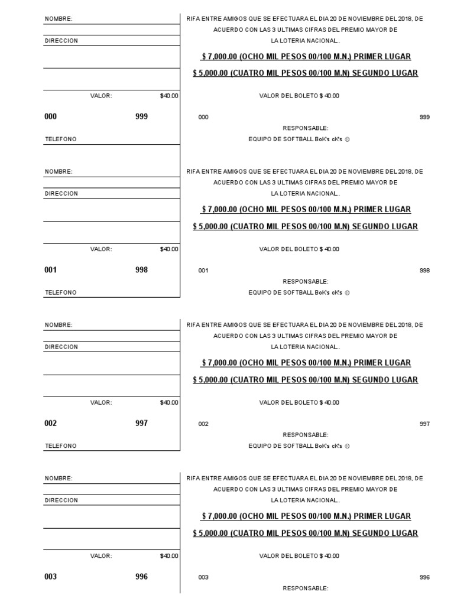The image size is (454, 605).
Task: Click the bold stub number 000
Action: (50, 117)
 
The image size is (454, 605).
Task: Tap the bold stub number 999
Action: (141, 117)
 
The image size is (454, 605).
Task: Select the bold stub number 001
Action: (50, 270)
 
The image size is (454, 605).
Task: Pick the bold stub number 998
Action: (141, 270)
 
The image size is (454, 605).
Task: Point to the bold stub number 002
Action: (50, 424)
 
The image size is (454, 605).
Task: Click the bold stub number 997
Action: (141, 424)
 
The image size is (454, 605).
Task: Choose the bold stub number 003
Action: (50, 577)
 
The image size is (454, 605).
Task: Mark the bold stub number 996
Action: (141, 577)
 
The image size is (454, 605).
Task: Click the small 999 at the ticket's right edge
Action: (424, 118)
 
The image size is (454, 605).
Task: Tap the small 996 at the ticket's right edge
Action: (424, 578)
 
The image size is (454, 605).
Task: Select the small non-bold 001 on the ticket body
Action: (203, 271)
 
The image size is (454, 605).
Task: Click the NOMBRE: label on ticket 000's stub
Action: (59, 19)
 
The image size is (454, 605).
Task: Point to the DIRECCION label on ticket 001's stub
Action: (61, 194)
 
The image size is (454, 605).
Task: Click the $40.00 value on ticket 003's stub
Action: (169, 556)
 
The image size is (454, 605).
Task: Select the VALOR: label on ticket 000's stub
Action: (101, 96)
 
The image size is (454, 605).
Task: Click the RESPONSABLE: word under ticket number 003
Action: (305, 588)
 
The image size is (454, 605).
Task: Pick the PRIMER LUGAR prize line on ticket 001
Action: (306, 210)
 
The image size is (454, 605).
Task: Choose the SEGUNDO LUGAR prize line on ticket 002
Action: (305, 380)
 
